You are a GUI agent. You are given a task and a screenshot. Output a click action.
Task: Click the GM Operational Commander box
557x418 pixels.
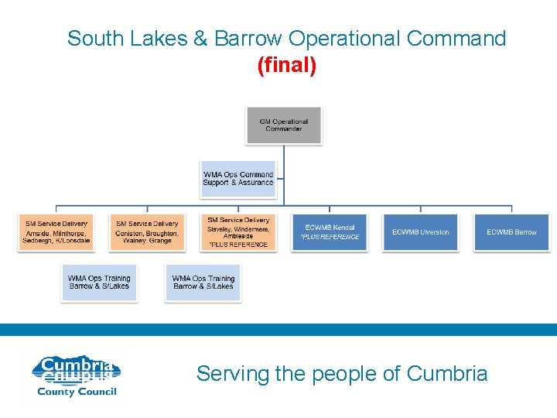[x=284, y=125]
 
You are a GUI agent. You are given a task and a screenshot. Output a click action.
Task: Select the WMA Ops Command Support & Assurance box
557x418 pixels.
[x=238, y=179]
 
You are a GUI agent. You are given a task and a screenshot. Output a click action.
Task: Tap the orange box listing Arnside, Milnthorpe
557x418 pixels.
[x=56, y=232]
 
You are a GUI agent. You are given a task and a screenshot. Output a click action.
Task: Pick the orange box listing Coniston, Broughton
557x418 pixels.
[x=147, y=232]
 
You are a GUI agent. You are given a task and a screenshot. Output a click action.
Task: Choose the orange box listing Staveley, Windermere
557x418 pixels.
[x=238, y=232]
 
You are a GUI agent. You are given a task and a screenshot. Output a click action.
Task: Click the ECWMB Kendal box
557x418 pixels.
[x=330, y=232]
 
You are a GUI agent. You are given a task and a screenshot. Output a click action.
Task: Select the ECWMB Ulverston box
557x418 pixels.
[x=421, y=232]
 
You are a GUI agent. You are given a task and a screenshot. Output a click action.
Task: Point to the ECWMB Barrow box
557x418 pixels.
[x=511, y=232]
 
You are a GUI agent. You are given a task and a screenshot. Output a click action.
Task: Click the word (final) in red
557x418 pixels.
[x=286, y=67]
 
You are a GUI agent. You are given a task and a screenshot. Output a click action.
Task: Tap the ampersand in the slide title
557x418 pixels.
[x=203, y=39]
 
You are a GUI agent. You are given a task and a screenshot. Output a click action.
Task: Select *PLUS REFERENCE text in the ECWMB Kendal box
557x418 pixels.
[x=325, y=237]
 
